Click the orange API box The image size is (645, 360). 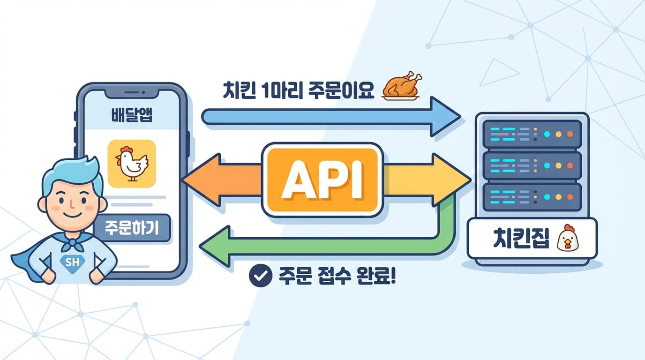[322, 180]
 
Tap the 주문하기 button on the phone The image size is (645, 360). [132, 228]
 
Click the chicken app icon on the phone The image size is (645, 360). [132, 164]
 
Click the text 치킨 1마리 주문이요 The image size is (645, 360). [299, 90]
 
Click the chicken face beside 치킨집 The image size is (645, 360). [567, 238]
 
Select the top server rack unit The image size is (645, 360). [532, 134]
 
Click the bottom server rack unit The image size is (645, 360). [532, 197]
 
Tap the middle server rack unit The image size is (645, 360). [532, 165]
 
